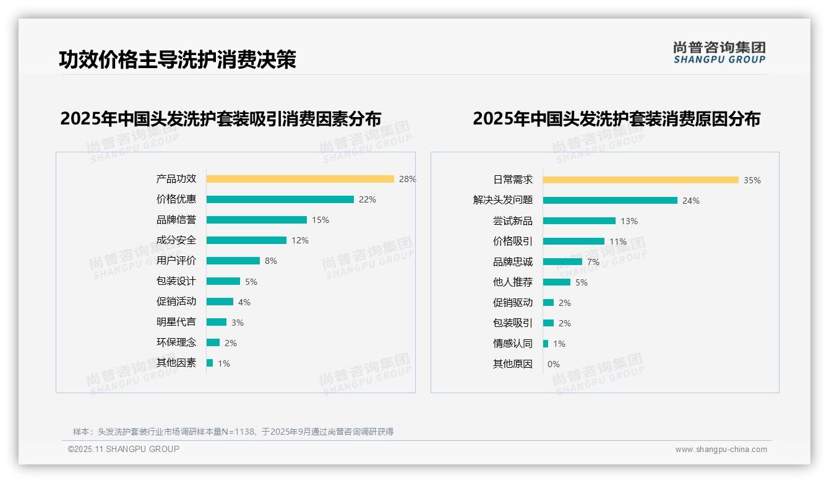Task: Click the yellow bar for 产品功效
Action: point(300,179)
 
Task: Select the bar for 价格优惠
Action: point(280,199)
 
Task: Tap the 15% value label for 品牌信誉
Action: point(320,220)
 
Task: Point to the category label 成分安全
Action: point(176,240)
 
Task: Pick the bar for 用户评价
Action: point(233,261)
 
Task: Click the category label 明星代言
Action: point(176,322)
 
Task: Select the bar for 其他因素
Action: point(210,363)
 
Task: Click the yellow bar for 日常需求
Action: point(641,180)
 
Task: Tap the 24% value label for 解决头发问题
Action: point(691,201)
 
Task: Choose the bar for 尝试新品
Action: point(579,221)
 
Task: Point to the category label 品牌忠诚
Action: point(513,262)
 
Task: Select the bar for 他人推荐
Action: point(557,282)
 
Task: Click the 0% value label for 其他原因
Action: point(554,364)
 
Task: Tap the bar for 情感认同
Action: point(546,344)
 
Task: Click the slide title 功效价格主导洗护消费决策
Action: point(178,59)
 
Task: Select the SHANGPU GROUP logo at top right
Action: point(719,53)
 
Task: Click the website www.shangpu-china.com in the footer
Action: point(721,450)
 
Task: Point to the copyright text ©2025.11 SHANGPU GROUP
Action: point(124,449)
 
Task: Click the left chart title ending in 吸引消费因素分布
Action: point(221,118)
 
